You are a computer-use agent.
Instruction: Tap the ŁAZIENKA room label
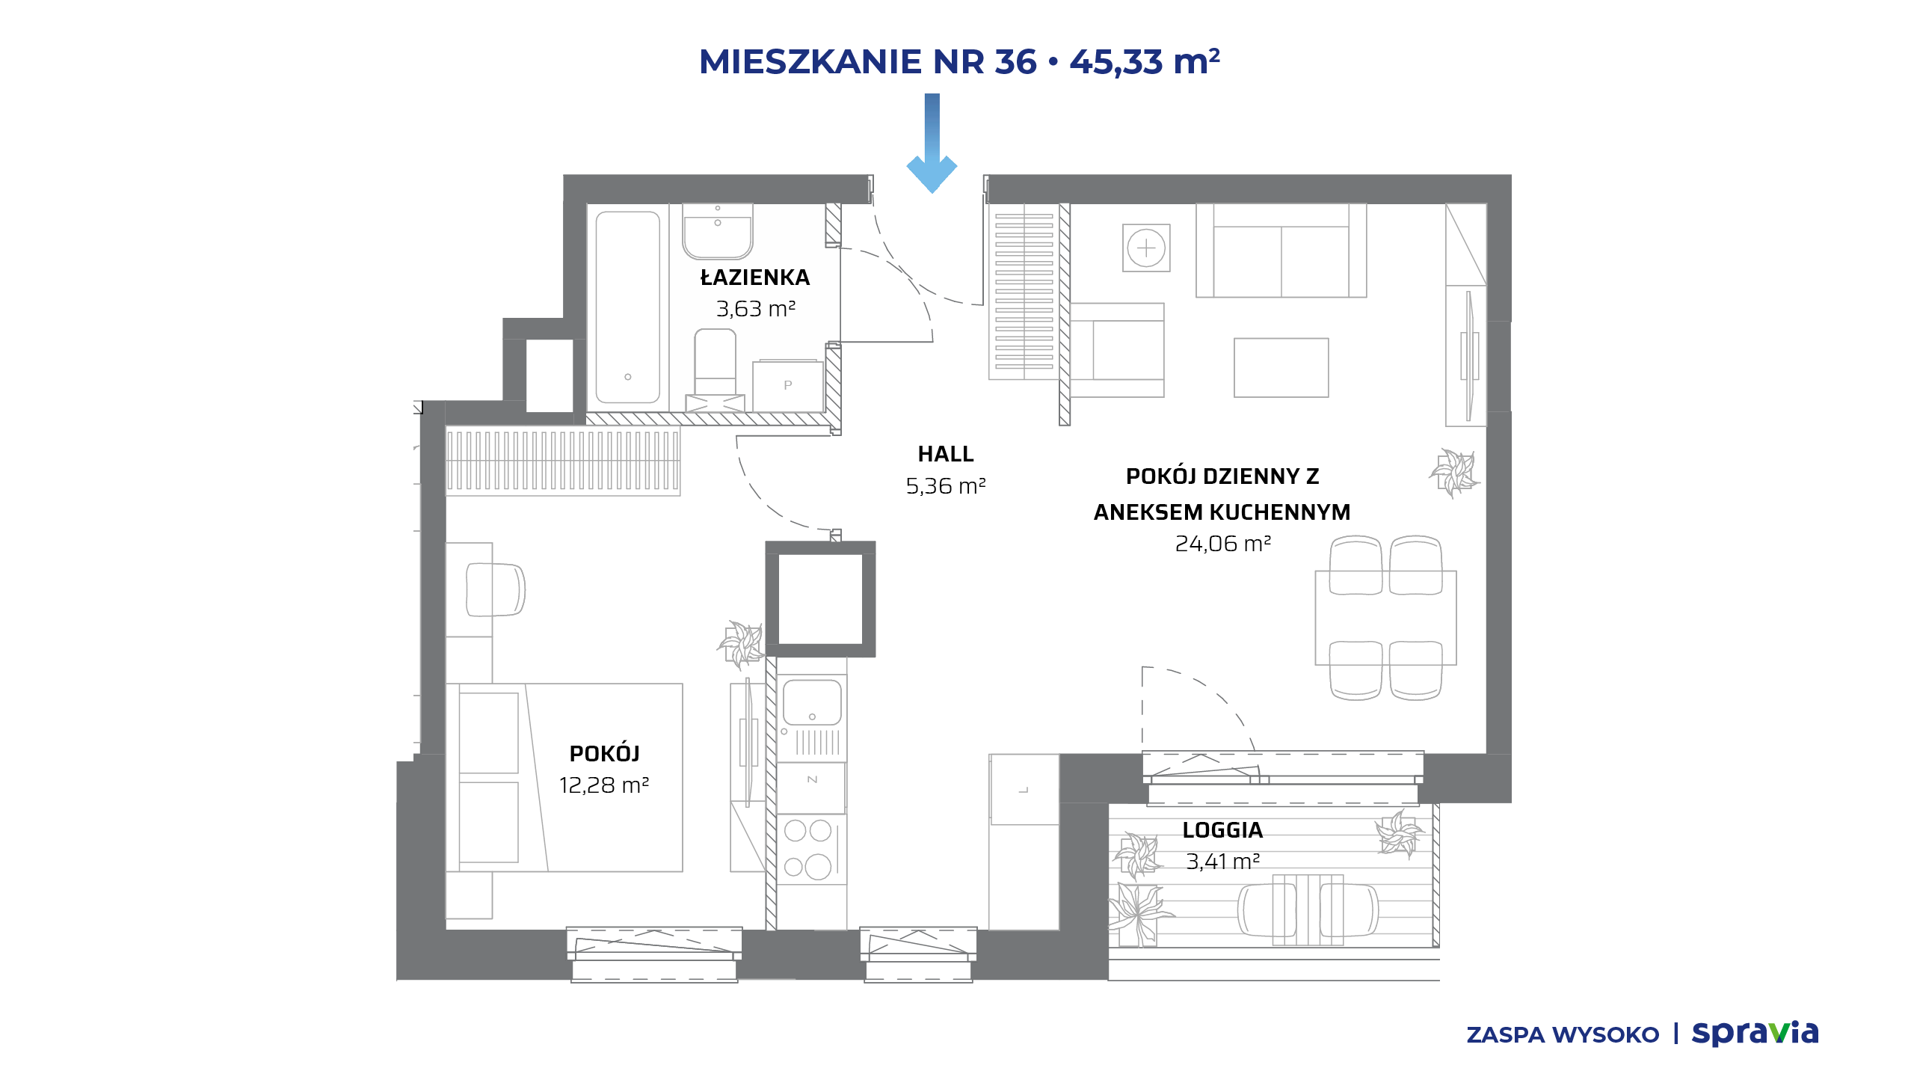(755, 277)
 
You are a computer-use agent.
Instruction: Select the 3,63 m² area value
(756, 308)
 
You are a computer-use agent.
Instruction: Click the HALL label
(946, 454)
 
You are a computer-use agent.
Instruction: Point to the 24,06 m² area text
(1223, 544)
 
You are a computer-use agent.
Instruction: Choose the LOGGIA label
(1223, 830)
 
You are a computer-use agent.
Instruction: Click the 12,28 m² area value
(604, 785)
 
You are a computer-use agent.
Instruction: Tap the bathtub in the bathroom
(628, 307)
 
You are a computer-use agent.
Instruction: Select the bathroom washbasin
(718, 231)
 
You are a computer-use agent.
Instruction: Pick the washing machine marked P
(787, 386)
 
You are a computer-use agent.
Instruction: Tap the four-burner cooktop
(809, 849)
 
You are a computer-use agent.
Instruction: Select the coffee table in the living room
(1281, 367)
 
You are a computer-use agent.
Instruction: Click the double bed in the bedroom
(564, 778)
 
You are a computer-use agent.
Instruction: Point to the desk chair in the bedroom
(495, 589)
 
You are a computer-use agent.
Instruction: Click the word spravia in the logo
(1755, 1034)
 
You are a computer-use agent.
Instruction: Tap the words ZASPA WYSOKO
(1563, 1035)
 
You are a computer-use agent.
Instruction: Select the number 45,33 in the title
(1116, 61)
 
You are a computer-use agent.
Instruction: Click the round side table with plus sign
(1146, 248)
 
